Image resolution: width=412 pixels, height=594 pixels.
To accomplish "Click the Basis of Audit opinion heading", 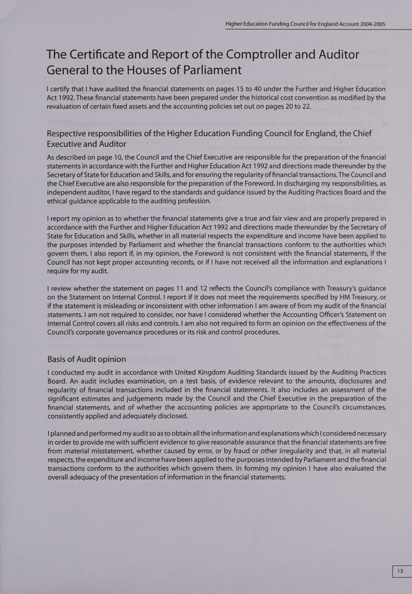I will point(86,359).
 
